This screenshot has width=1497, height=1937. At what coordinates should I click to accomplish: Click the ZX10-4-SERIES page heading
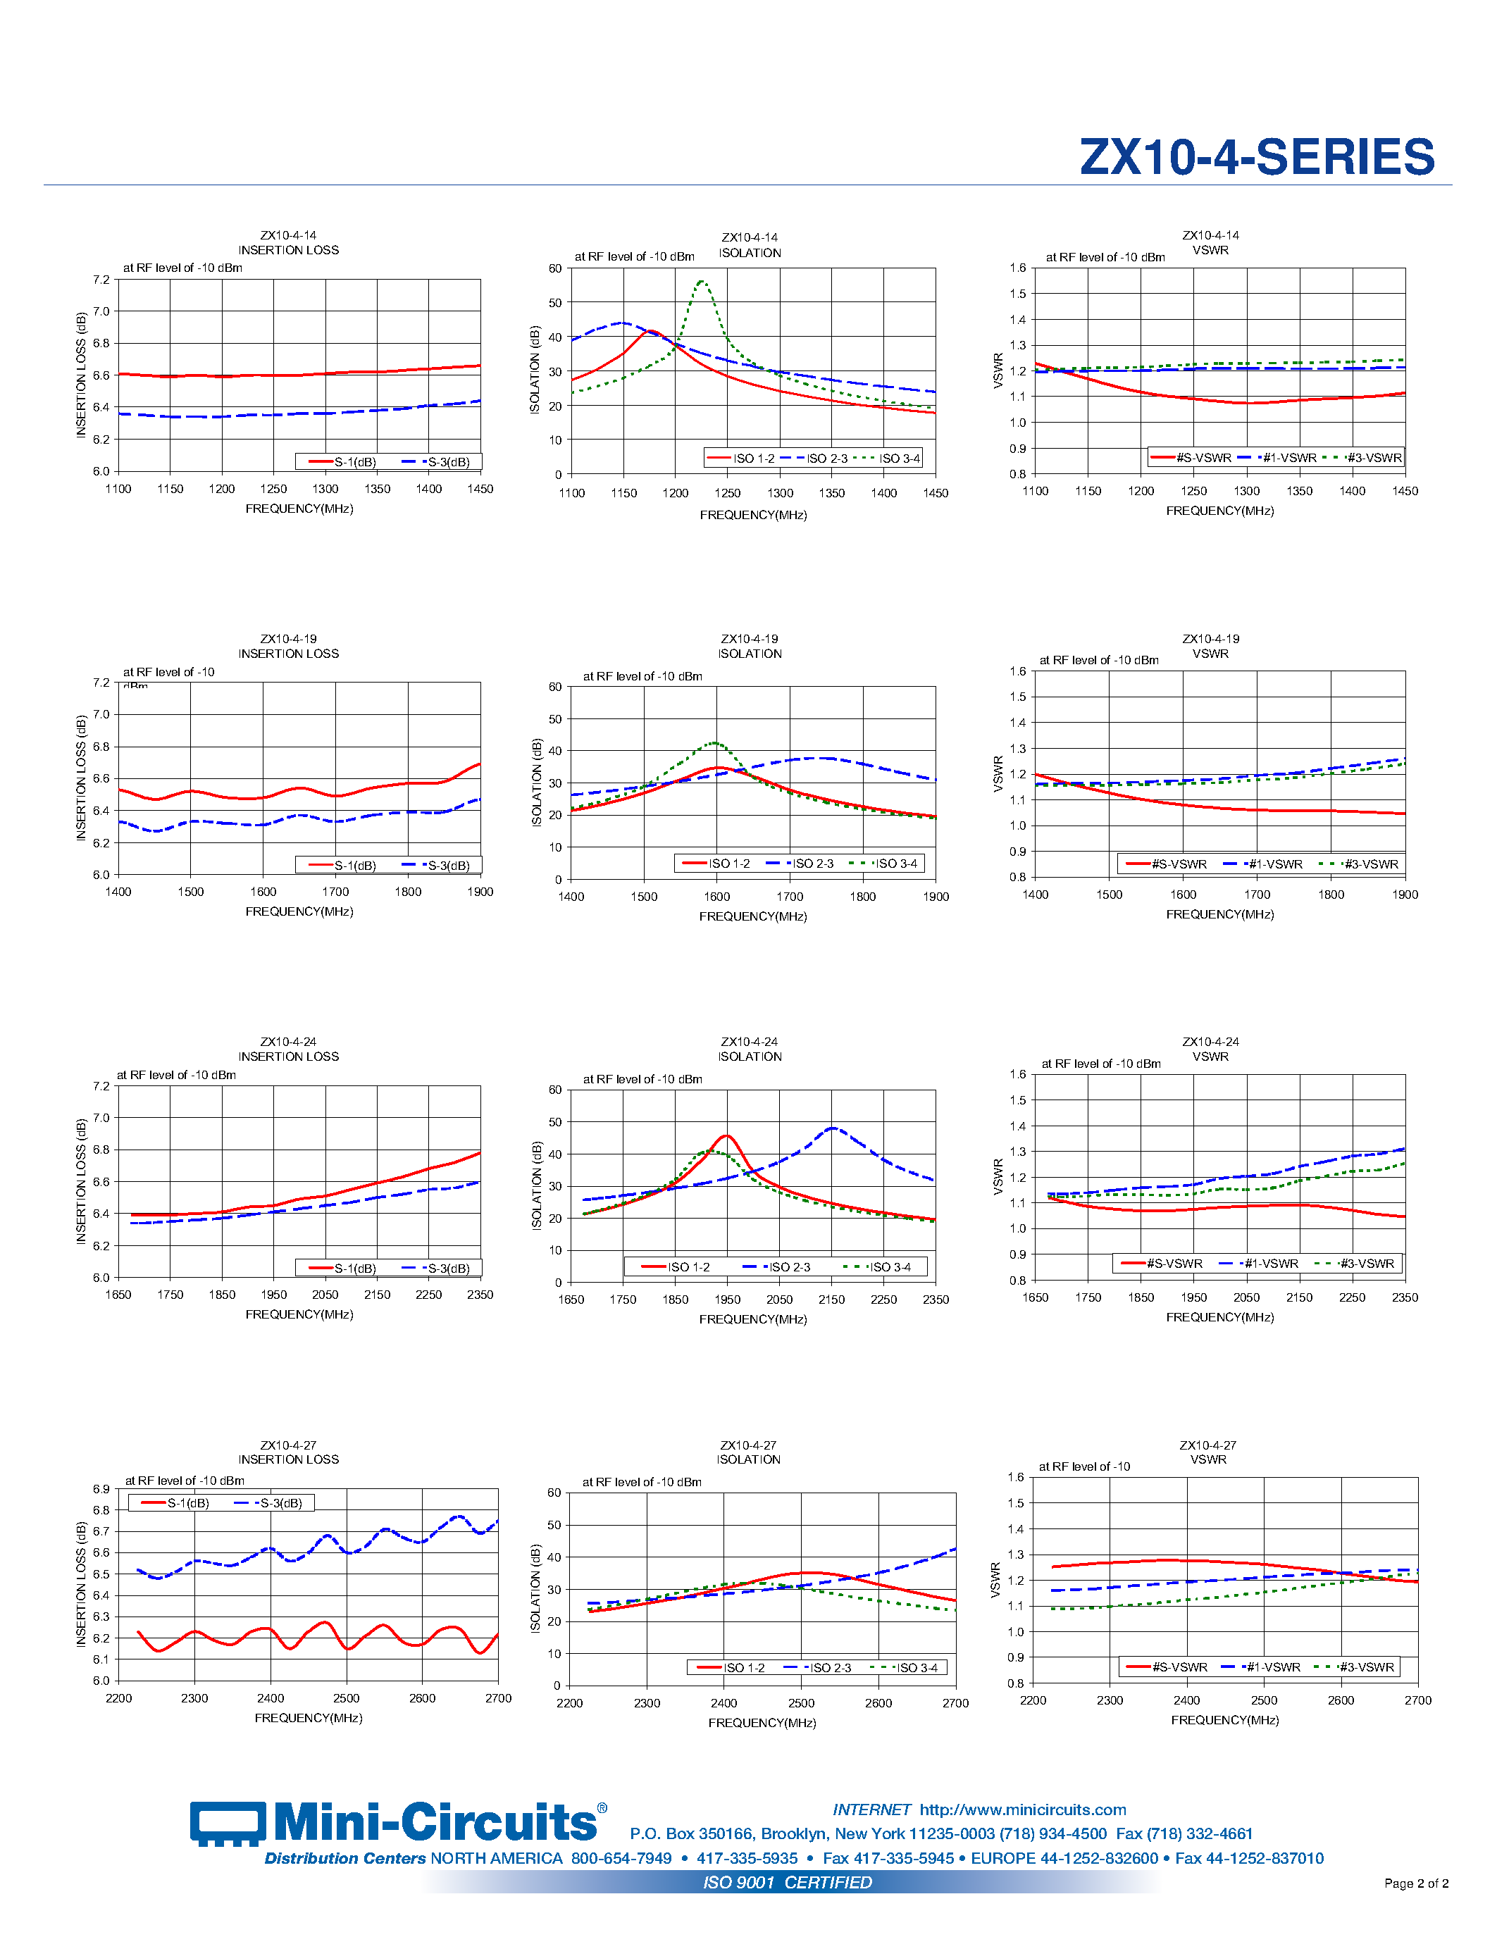pos(1256,157)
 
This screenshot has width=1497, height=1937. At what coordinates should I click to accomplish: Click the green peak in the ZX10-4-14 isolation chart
pos(702,282)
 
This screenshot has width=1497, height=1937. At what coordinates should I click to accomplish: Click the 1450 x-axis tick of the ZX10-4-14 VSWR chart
pos(1405,492)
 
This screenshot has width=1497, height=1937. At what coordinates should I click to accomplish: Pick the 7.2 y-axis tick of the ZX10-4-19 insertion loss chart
pos(101,683)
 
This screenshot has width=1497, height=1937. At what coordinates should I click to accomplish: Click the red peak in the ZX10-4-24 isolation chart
pos(726,1136)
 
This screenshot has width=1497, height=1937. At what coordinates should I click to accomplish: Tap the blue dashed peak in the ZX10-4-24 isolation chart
pos(832,1128)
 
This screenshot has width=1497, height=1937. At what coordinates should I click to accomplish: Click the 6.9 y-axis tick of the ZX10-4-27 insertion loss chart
pos(101,1489)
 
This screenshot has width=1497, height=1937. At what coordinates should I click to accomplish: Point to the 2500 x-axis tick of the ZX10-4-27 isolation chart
pos(801,1704)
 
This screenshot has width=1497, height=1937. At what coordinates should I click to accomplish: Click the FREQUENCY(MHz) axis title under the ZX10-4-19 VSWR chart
pos(1219,914)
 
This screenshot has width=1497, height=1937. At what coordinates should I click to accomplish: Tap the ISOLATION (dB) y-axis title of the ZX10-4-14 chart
pos(535,370)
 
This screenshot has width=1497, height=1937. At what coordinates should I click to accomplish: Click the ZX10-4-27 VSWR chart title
pos(1208,1452)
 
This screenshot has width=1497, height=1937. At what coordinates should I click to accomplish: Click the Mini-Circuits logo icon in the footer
pos(227,1824)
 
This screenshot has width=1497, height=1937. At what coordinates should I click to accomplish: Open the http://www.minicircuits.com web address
pos(1022,1810)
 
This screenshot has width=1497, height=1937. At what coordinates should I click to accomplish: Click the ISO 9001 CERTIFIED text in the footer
pos(788,1882)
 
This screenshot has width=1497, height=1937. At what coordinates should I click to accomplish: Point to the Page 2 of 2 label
pos(1415,1883)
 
